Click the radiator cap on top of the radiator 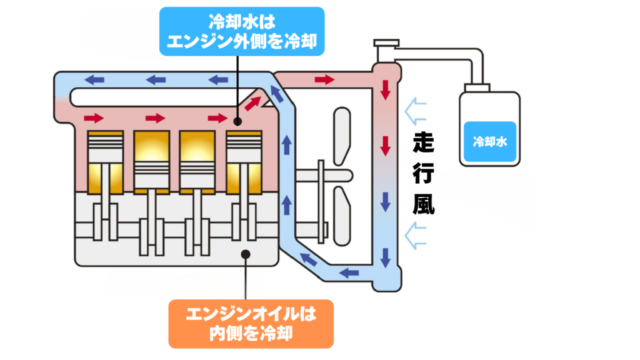(x=386, y=45)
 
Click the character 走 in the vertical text (x=424, y=145)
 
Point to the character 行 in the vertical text (x=424, y=176)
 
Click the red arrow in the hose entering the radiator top (x=324, y=79)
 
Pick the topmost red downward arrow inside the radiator (x=386, y=89)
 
